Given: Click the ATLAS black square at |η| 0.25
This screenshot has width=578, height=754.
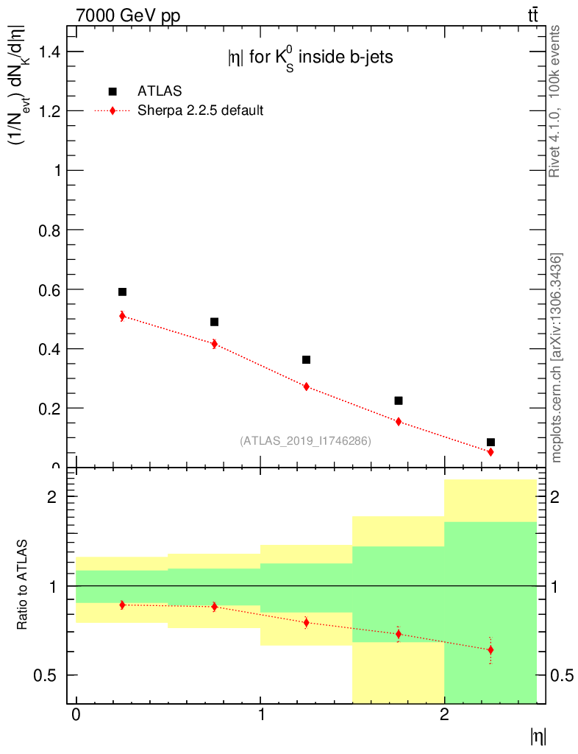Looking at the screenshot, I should click(122, 292).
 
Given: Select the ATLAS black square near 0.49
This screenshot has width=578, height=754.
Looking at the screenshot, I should click(214, 322).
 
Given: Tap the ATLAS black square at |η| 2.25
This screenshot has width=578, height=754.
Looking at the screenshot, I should click(490, 443).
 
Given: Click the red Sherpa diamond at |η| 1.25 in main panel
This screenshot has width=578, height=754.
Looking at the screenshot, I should click(306, 387).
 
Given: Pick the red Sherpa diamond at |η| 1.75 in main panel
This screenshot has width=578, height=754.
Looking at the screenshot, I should click(399, 422).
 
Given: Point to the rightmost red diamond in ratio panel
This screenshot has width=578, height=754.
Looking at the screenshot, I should click(490, 650).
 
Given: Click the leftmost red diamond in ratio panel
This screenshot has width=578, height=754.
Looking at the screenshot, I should click(122, 605).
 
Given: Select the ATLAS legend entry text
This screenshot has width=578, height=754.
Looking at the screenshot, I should click(160, 91).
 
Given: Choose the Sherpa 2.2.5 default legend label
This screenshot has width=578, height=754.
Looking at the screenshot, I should click(201, 111).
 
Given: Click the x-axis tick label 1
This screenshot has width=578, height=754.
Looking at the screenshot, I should click(260, 715).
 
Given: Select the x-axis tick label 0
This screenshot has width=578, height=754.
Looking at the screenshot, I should click(76, 715).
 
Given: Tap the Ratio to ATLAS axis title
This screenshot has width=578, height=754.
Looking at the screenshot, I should click(23, 585).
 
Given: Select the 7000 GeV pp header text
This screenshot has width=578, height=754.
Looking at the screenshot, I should click(128, 16).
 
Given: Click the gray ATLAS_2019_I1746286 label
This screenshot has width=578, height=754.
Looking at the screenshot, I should click(305, 441).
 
